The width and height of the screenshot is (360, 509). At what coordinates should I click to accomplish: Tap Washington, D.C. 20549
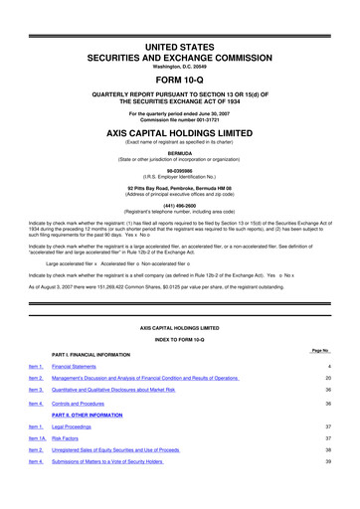pos(180,51)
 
